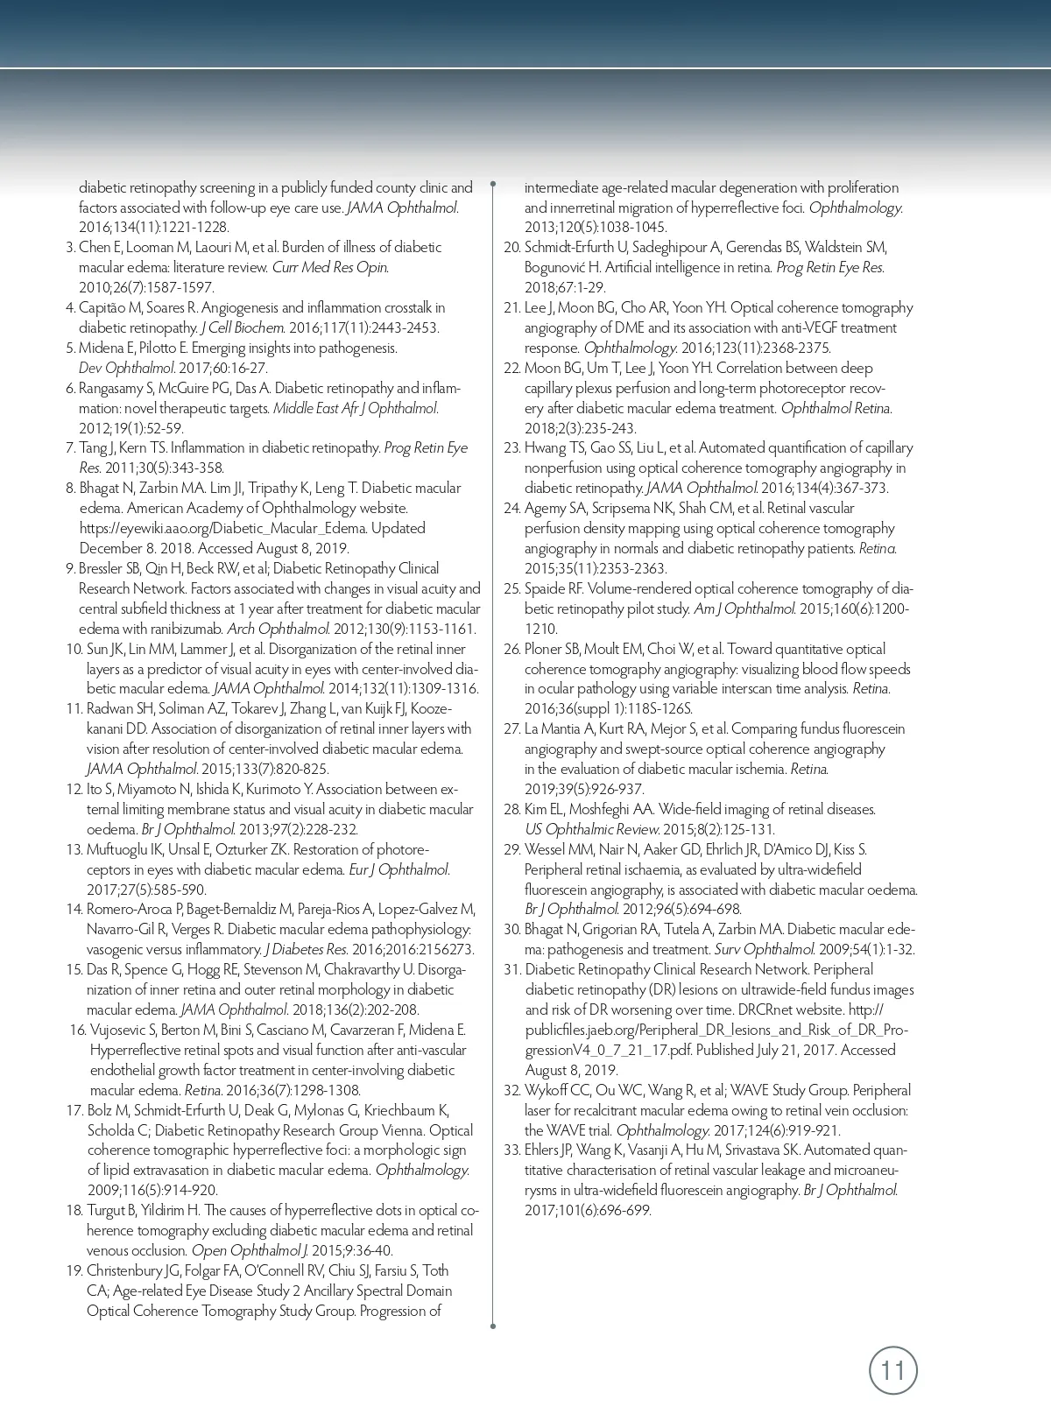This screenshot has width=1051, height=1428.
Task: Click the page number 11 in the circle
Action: (892, 1370)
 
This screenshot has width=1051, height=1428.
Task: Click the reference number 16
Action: (77, 1031)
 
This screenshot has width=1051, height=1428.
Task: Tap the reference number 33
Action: (511, 1150)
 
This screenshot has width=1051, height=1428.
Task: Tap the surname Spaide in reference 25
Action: (545, 589)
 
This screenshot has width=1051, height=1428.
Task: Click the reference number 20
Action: (511, 248)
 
